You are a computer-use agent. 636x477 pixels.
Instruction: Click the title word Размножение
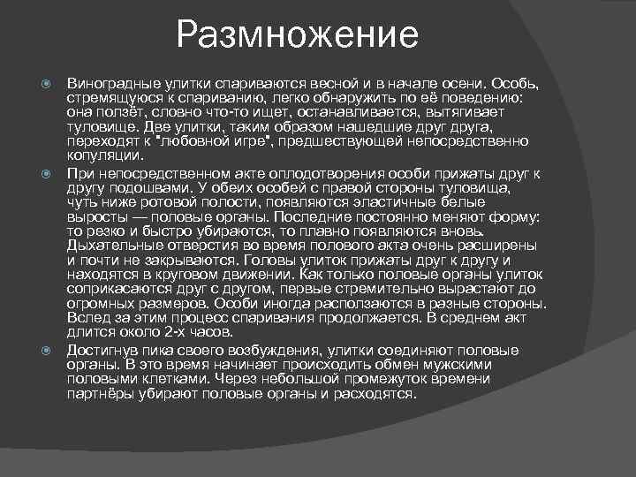tap(297, 36)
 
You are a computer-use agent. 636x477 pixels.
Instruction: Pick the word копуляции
tap(99, 154)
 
